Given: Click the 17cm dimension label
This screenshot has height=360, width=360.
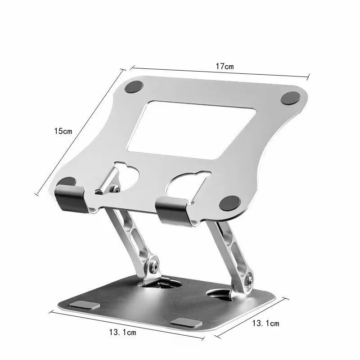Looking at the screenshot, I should tap(225, 66).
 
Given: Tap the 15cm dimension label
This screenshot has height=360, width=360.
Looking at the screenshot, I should tap(63, 131).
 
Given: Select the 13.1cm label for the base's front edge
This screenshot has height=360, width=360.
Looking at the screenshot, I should tap(122, 333).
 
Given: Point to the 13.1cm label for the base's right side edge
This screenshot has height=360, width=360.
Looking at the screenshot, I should tap(265, 323).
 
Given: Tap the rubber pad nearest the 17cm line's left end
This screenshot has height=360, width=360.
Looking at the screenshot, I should tap(135, 87).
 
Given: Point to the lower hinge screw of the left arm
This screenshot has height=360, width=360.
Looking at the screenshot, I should tap(154, 265).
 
